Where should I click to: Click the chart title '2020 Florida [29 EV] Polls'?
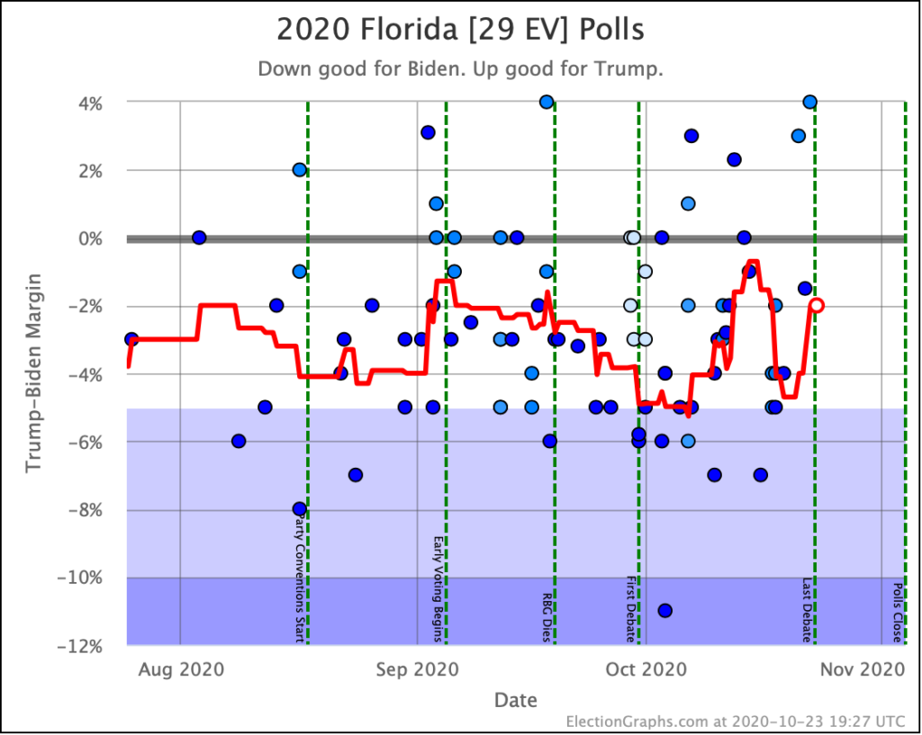(x=460, y=30)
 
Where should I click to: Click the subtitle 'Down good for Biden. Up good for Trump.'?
(x=460, y=69)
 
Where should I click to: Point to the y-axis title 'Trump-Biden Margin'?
(x=33, y=373)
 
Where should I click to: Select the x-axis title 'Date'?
(x=516, y=700)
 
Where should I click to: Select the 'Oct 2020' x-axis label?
(x=646, y=669)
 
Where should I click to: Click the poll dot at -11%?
(x=665, y=611)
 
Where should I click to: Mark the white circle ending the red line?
(x=816, y=305)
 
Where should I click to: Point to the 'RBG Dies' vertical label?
(x=547, y=616)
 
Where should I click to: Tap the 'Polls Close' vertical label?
(x=898, y=612)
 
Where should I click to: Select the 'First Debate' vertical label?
(x=631, y=608)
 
